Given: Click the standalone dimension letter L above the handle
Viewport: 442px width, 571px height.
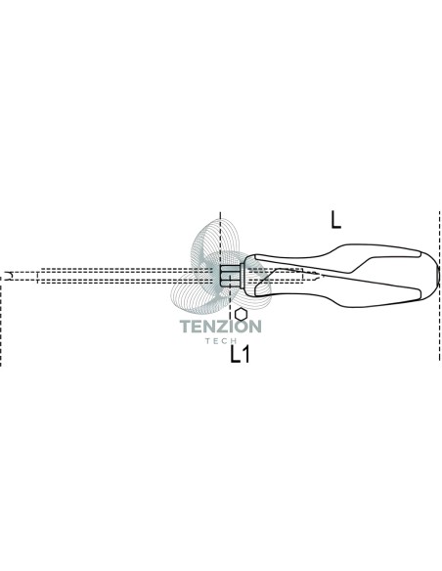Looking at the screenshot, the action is click(335, 220).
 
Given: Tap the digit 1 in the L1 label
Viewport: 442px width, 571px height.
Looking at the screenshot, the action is click(245, 354).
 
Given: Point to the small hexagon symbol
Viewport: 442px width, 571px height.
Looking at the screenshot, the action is click(241, 314).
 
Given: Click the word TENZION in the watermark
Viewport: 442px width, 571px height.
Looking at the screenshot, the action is click(221, 327).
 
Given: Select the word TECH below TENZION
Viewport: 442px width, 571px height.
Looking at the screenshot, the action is click(221, 341).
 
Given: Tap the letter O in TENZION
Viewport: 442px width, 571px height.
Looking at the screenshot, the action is click(241, 327).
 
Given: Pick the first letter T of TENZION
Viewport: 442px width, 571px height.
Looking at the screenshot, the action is click(186, 327).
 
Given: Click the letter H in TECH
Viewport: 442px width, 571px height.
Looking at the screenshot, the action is click(234, 341).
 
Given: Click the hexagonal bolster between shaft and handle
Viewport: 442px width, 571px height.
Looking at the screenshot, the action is click(229, 276).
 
